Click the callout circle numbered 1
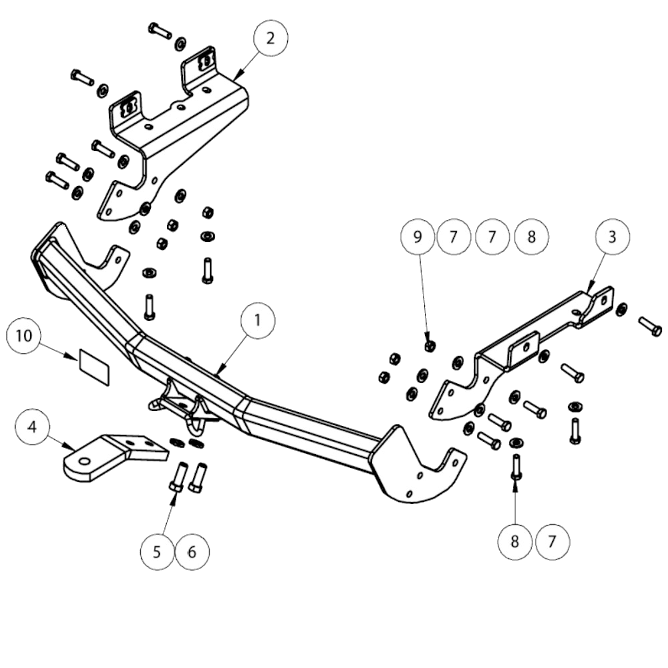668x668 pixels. pyautogui.click(x=258, y=321)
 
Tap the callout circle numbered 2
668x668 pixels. pyautogui.click(x=270, y=38)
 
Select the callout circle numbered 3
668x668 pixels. pyautogui.click(x=612, y=237)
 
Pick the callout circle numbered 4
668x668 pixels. pyautogui.click(x=32, y=427)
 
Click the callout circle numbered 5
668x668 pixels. pyautogui.click(x=157, y=552)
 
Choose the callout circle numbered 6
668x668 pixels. pyautogui.click(x=192, y=552)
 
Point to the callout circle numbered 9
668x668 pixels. pyautogui.click(x=418, y=237)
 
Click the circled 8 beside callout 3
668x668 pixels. pyautogui.click(x=531, y=237)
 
